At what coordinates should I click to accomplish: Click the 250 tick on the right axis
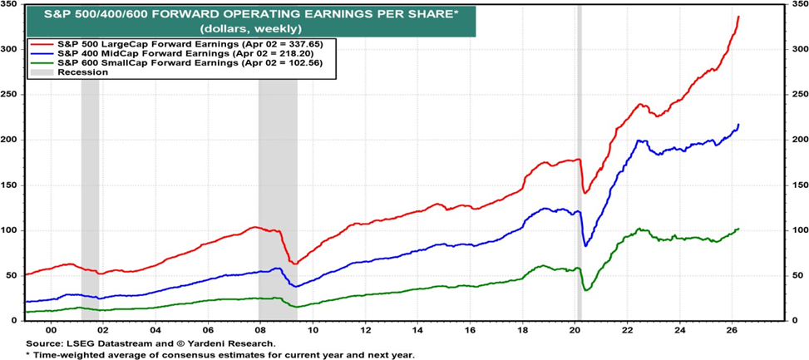tap(797, 94)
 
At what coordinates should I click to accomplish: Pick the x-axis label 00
tap(50, 329)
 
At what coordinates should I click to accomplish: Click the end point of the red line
tap(738, 17)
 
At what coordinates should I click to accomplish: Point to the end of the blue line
tap(738, 125)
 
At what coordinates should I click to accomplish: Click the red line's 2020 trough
tap(585, 193)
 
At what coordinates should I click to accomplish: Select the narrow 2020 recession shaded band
tap(579, 166)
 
